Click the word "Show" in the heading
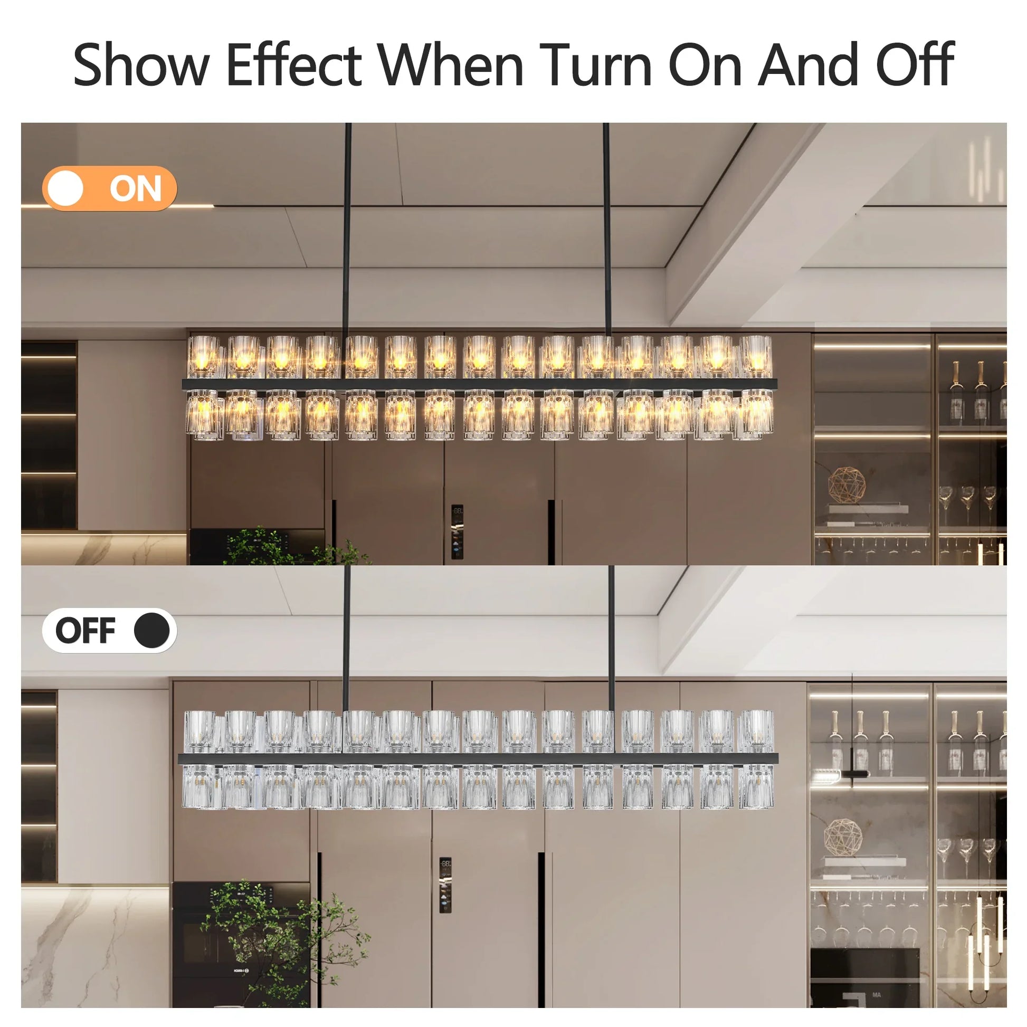(141, 65)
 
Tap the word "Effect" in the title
(294, 65)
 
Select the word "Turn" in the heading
(596, 65)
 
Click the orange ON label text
(136, 189)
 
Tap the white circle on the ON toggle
(65, 188)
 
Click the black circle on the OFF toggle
(151, 631)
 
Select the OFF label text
(85, 631)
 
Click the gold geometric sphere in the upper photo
(847, 485)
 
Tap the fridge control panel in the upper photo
(457, 531)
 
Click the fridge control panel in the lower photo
(445, 885)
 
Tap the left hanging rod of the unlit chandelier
(347, 638)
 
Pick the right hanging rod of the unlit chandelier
(611, 638)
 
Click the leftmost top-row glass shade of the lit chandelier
(203, 357)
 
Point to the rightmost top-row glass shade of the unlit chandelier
(756, 731)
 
